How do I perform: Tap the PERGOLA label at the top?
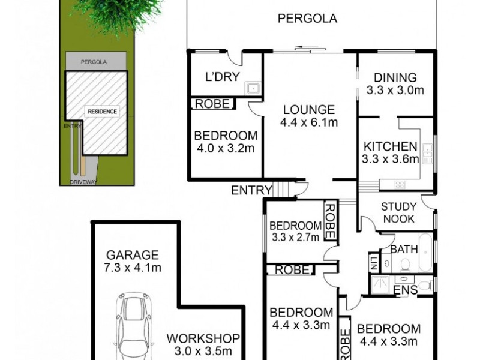[x=307, y=19]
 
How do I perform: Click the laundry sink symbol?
[x=253, y=88]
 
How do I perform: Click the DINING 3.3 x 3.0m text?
[x=395, y=84]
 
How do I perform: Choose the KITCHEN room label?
[x=389, y=152]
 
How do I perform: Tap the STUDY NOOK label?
[x=398, y=213]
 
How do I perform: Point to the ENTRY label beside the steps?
[x=251, y=190]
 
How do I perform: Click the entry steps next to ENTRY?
[x=284, y=189]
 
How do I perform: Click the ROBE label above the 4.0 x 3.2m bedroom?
[x=212, y=104]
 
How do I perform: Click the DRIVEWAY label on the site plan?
[x=83, y=181]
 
